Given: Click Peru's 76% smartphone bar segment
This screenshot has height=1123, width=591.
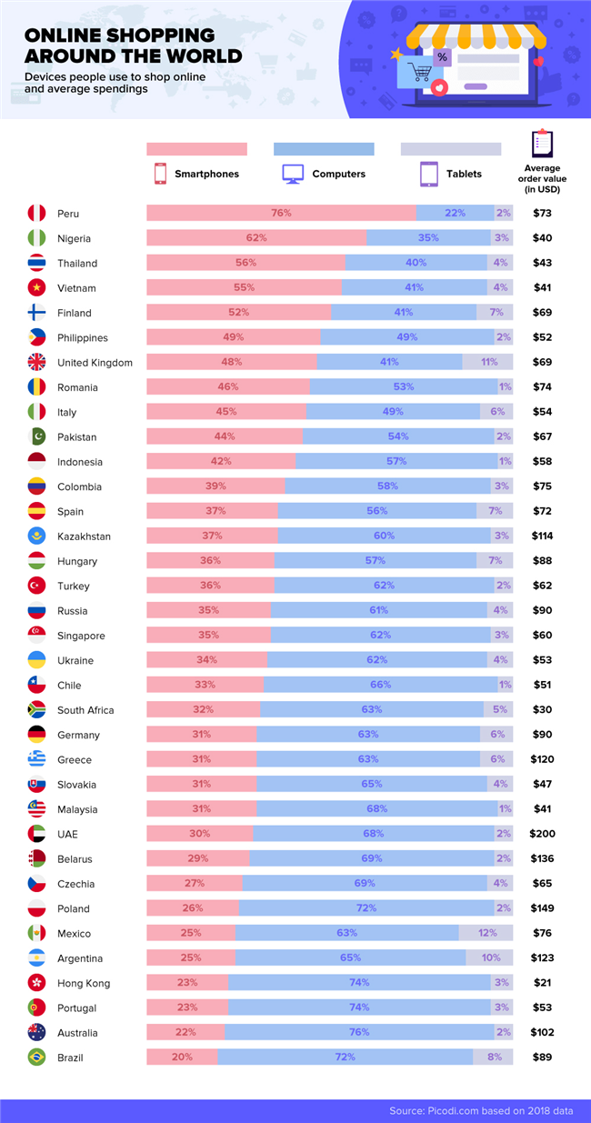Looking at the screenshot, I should pyautogui.click(x=281, y=214).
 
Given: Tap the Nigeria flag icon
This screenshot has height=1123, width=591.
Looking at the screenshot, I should pyautogui.click(x=36, y=238).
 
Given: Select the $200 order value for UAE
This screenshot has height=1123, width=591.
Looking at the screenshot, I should pyautogui.click(x=542, y=834).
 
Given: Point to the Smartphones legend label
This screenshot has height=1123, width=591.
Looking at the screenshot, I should pyautogui.click(x=206, y=174).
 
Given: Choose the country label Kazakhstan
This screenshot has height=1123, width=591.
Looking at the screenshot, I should pyautogui.click(x=84, y=536).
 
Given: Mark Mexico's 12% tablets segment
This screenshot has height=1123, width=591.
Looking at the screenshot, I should pyautogui.click(x=486, y=933).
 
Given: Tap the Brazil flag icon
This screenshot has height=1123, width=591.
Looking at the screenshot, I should pyautogui.click(x=36, y=1058).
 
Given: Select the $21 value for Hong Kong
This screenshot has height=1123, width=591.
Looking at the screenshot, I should pyautogui.click(x=542, y=983).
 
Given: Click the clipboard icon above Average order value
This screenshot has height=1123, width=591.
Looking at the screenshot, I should pyautogui.click(x=542, y=144).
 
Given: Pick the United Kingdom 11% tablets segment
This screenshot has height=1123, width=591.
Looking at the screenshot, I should pyautogui.click(x=488, y=363).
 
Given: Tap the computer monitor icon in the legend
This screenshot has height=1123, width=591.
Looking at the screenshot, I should pyautogui.click(x=293, y=174).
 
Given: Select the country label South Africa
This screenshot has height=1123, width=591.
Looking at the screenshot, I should pyautogui.click(x=85, y=710).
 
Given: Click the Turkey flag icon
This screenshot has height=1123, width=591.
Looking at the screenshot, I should pyautogui.click(x=36, y=586).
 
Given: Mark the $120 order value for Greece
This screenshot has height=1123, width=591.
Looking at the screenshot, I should pyautogui.click(x=542, y=759).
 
